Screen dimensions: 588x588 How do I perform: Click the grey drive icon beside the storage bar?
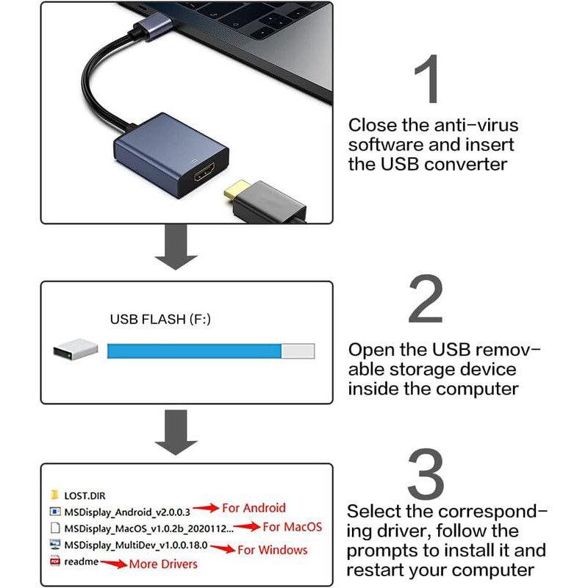[x=76, y=350]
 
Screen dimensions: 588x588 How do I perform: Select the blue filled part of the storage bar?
[x=195, y=351]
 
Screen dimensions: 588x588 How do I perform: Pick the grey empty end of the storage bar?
[x=298, y=351]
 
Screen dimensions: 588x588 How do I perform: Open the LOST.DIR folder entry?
[x=85, y=495]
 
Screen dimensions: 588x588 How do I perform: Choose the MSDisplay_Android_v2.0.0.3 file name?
[x=127, y=511]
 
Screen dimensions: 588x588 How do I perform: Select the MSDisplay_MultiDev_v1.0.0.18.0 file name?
[x=137, y=546]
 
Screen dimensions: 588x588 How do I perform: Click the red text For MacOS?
[x=292, y=526]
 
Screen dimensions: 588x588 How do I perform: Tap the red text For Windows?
[x=273, y=549]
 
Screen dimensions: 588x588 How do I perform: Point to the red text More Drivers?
[x=163, y=564]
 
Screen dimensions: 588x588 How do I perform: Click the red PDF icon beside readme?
[x=54, y=562]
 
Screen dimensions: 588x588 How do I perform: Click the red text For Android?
[x=254, y=507]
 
